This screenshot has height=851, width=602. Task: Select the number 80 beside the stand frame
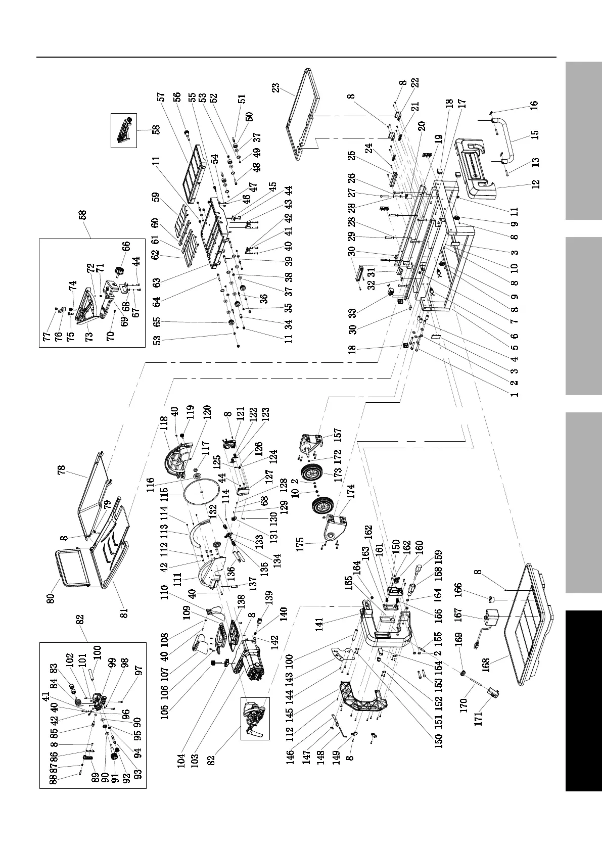pyautogui.click(x=51, y=598)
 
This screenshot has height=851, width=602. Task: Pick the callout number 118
pyautogui.click(x=164, y=422)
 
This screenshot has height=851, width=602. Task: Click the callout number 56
pyautogui.click(x=176, y=97)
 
